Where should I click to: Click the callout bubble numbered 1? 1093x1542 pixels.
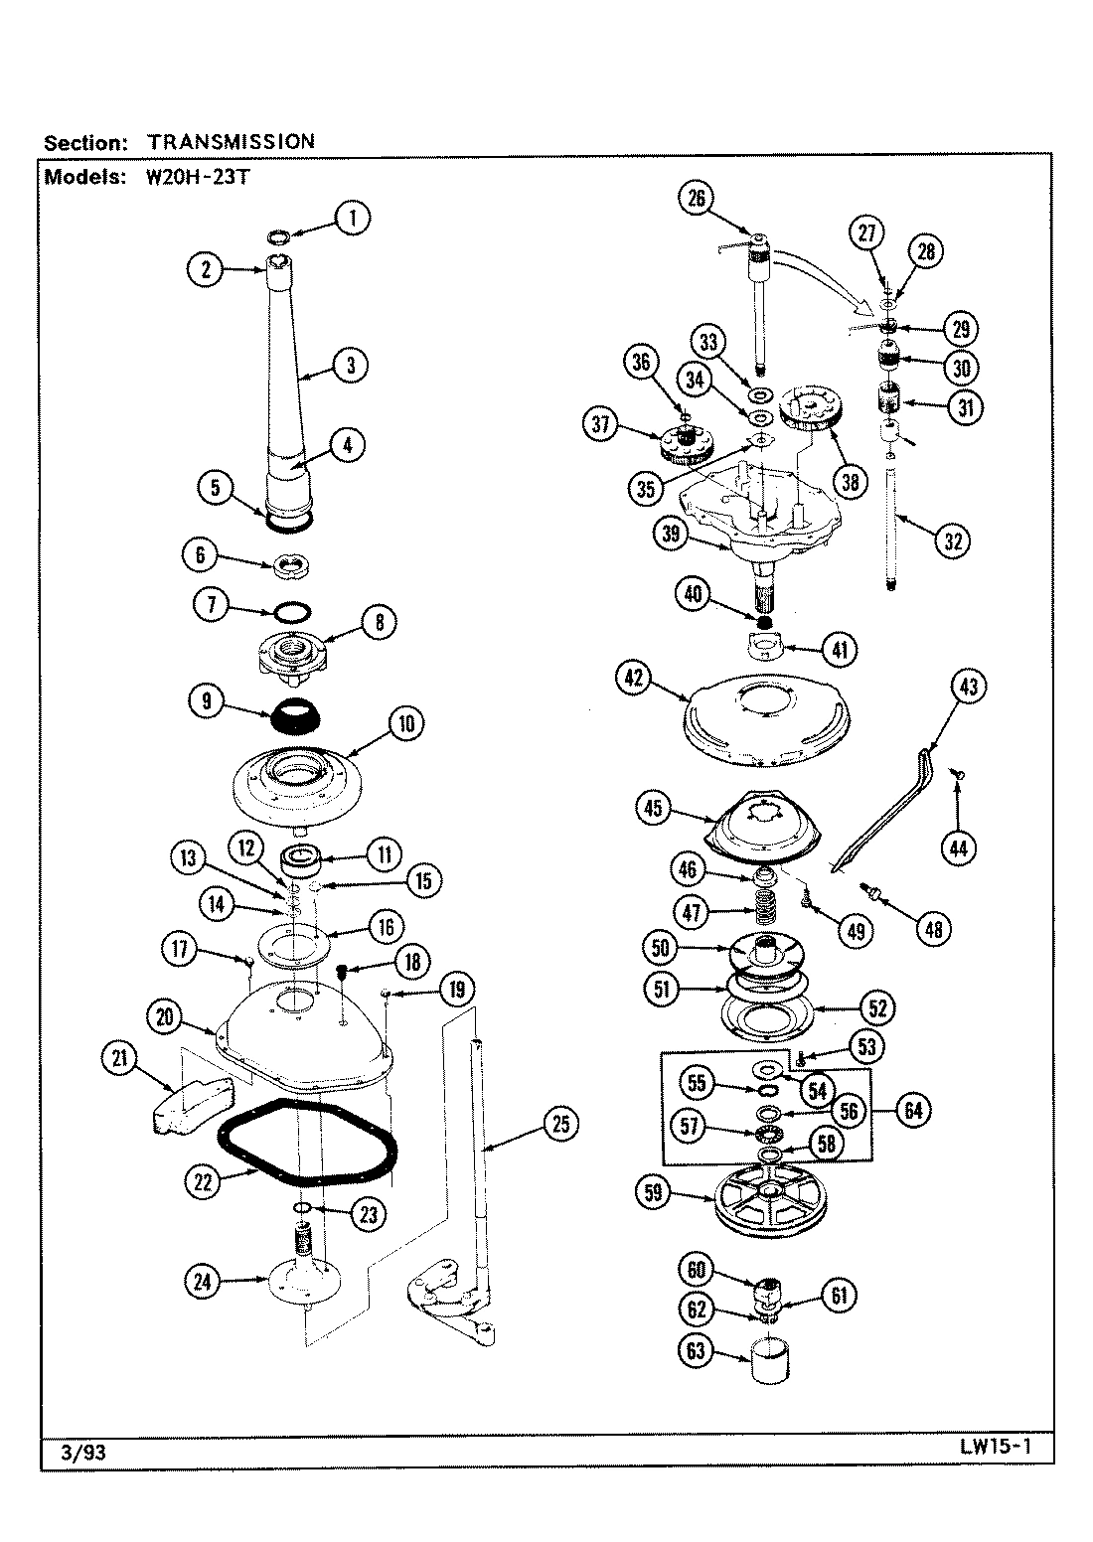(351, 218)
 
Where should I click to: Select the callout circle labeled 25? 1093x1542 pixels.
(561, 1123)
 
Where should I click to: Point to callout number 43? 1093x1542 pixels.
(969, 688)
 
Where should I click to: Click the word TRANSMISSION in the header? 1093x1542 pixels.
(231, 141)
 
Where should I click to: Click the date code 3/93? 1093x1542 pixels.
(77, 1452)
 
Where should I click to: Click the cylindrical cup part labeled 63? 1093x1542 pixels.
(766, 1360)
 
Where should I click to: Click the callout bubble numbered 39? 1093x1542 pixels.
(671, 533)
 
